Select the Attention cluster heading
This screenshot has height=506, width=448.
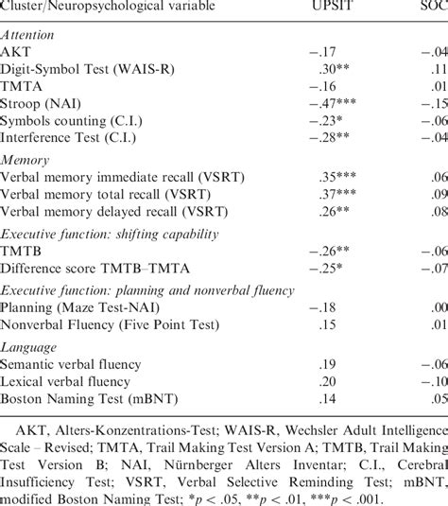tap(28, 35)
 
